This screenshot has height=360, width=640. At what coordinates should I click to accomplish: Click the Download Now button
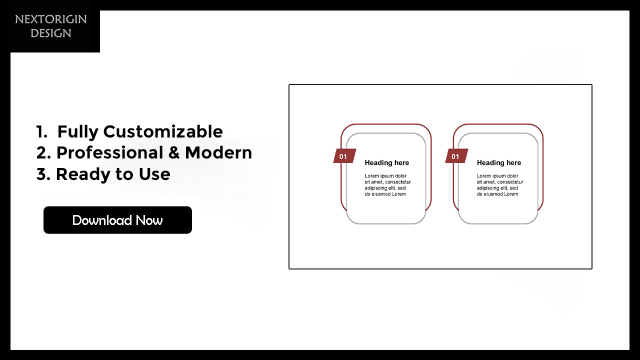pyautogui.click(x=117, y=220)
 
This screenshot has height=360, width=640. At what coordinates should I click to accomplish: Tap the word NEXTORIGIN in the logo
pyautogui.click(x=51, y=19)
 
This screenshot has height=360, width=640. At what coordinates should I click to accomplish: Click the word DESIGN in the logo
pyautogui.click(x=51, y=33)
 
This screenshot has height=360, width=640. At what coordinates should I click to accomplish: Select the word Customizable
pyautogui.click(x=163, y=131)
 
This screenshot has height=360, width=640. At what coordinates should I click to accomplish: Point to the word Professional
pyautogui.click(x=109, y=153)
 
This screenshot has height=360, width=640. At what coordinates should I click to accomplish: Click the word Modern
pyautogui.click(x=218, y=153)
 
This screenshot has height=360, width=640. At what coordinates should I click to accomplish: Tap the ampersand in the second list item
pyautogui.click(x=174, y=153)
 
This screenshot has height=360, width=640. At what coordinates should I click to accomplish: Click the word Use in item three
pyautogui.click(x=154, y=174)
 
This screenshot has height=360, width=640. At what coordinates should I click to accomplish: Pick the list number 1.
pyautogui.click(x=41, y=131)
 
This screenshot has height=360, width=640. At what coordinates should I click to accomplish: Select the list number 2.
pyautogui.click(x=43, y=153)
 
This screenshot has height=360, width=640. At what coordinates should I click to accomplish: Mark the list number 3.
pyautogui.click(x=43, y=174)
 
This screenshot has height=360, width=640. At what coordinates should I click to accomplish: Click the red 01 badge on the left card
pyautogui.click(x=344, y=156)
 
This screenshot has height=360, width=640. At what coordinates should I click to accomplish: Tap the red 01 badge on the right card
pyautogui.click(x=456, y=156)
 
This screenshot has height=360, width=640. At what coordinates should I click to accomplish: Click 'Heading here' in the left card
pyautogui.click(x=387, y=163)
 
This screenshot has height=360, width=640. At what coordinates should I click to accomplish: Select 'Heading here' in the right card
pyautogui.click(x=499, y=163)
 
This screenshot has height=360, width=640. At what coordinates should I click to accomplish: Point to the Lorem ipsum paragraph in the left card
pyautogui.click(x=387, y=185)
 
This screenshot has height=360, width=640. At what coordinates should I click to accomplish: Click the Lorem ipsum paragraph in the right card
pyautogui.click(x=499, y=185)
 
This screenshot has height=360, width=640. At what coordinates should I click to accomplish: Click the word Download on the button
pyautogui.click(x=102, y=220)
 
